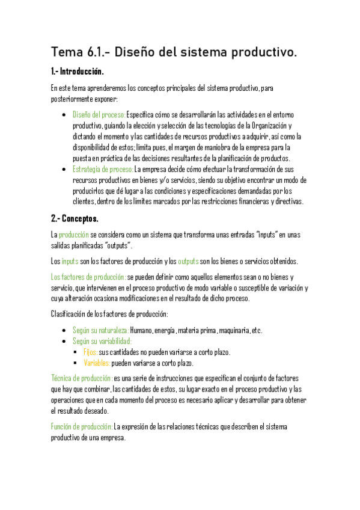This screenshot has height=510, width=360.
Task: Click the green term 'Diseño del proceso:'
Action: [99, 114]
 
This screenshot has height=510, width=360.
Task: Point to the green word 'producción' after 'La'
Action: [74, 235]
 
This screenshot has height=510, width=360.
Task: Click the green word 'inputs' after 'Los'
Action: [70, 261]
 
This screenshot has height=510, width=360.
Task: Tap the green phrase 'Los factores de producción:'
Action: [88, 277]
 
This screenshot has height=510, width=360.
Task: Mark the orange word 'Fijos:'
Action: [90, 352]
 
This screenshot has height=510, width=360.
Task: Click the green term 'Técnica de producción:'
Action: [82, 378]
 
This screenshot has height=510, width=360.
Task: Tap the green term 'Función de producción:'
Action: [82, 426]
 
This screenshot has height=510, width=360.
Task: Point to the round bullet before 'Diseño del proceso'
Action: [64, 114]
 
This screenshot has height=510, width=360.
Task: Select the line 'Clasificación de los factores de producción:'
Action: [109, 314]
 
